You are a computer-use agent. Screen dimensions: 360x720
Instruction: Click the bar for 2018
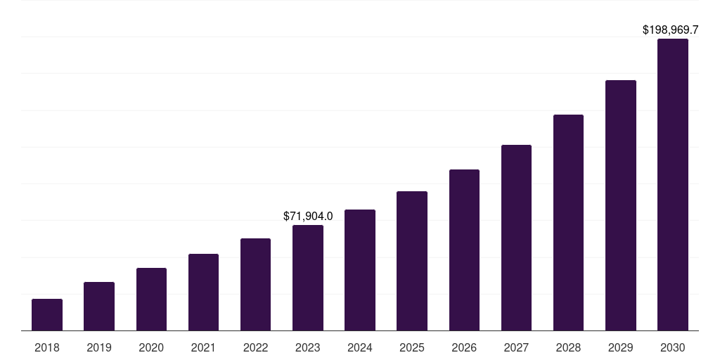point(47,315)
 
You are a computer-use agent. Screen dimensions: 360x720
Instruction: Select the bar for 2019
point(99,307)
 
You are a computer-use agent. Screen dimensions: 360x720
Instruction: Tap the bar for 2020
point(151,300)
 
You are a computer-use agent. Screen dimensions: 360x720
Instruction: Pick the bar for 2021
point(203,292)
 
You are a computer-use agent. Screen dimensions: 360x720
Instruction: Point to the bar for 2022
point(255,285)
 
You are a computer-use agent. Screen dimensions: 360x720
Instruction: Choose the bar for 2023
point(308,278)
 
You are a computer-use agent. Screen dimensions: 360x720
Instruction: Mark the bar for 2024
point(360,270)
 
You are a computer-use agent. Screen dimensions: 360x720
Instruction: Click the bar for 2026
point(464,250)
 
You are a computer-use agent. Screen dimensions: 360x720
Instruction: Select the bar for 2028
point(568,223)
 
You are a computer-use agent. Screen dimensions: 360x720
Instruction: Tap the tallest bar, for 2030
point(673,185)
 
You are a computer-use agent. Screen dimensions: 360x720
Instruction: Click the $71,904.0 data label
point(308,216)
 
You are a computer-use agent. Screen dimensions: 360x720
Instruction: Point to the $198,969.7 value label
point(671,30)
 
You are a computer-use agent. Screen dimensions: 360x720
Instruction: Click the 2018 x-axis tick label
point(47,347)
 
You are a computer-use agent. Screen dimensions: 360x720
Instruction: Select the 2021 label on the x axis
point(203,347)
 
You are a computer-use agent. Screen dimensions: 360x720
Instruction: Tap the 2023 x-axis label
point(308,347)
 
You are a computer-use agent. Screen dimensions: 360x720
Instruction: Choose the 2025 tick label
point(412,347)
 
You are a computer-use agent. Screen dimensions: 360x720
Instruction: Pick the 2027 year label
point(516,347)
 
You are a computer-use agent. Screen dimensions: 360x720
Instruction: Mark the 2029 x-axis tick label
point(620,347)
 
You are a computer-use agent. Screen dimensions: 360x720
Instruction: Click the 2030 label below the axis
point(673,347)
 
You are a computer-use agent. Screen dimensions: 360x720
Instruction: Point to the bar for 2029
point(620,205)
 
